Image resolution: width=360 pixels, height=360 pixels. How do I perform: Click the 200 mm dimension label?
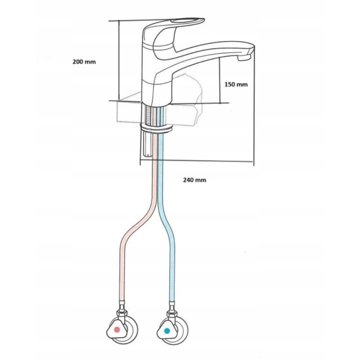(84, 62)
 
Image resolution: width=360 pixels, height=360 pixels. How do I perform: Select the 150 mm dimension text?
(236, 85)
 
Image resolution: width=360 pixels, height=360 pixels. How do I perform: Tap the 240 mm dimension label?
(195, 180)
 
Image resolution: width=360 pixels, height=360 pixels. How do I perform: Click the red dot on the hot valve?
(117, 330)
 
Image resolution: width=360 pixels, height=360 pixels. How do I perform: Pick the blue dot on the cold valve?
(167, 331)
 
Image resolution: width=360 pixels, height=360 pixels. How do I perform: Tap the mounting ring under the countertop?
(156, 127)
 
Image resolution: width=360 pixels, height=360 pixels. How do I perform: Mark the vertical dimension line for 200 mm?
(119, 60)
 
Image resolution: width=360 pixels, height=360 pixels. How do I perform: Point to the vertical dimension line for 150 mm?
(220, 80)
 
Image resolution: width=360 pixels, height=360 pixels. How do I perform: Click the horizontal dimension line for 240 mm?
(197, 160)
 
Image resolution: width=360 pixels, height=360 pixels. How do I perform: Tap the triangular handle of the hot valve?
(115, 330)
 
